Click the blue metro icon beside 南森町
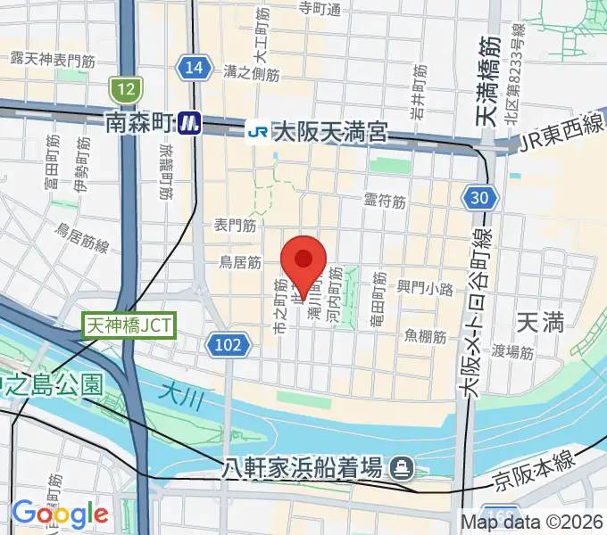[x=187, y=122]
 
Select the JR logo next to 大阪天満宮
[x=257, y=132]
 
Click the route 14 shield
[x=194, y=68]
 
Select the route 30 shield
[x=480, y=198]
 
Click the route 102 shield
[x=227, y=344]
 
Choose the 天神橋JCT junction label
[x=131, y=325]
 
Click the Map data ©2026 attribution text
[x=532, y=522]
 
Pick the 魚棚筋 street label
[x=424, y=335]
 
